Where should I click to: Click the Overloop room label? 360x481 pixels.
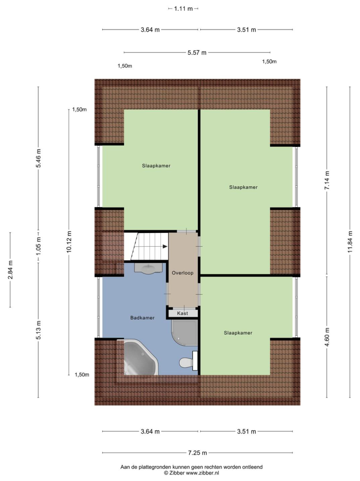click(x=182, y=273)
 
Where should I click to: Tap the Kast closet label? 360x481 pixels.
click(x=182, y=313)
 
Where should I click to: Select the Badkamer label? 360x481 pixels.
click(x=142, y=318)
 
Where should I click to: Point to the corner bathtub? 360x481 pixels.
click(x=140, y=357)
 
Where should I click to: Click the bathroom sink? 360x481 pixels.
click(x=149, y=269)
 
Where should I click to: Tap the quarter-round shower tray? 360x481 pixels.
click(x=185, y=333)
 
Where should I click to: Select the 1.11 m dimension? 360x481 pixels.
click(x=183, y=8)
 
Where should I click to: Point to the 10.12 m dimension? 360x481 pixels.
click(x=69, y=242)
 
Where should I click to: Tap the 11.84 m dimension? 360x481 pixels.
click(x=350, y=242)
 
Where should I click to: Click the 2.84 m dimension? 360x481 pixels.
click(x=10, y=270)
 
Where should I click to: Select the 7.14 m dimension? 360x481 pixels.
click(x=327, y=180)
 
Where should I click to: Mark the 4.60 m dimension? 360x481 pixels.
click(x=327, y=337)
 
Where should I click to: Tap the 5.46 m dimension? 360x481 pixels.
click(x=38, y=158)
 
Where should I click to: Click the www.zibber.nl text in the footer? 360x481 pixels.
click(x=202, y=473)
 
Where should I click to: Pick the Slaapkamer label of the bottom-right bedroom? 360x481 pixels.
click(x=238, y=333)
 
